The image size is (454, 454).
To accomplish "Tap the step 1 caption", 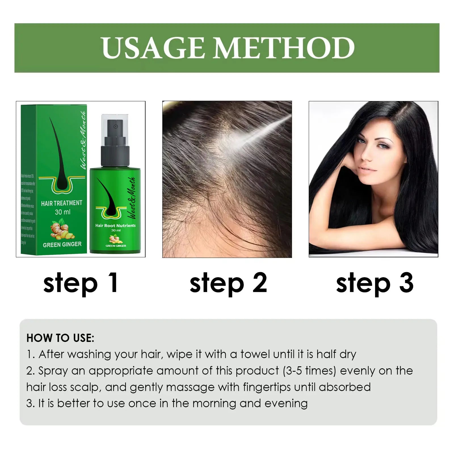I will click(81, 283).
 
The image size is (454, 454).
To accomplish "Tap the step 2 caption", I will click(228, 283).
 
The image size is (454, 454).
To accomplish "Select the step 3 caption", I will click(375, 283).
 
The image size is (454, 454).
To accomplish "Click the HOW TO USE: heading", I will click(60, 338).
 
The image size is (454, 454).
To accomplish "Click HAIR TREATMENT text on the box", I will click(62, 203).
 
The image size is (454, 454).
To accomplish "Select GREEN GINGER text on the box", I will click(62, 244).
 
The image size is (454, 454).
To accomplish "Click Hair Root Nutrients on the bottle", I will click(115, 226).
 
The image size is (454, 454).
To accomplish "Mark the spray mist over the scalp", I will click(255, 133).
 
